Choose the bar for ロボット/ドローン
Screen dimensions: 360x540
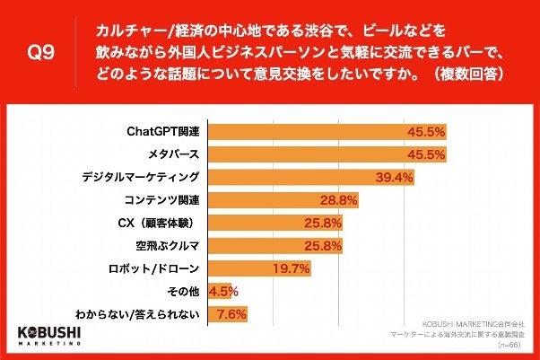259,268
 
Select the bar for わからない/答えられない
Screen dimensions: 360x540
226,314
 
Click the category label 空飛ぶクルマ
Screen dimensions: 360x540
167,245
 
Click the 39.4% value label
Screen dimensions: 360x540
394,176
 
